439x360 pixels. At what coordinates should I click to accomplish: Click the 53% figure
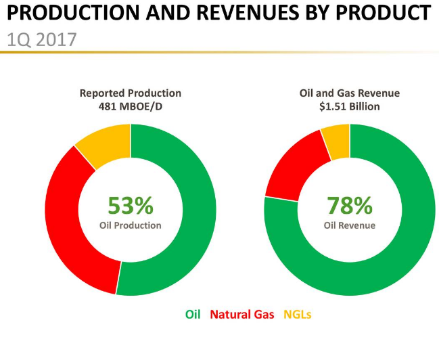point(131,204)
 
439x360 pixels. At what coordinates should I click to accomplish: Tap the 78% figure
point(350,204)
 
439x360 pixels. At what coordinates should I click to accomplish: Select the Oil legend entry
point(194,314)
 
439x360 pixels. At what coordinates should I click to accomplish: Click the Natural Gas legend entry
point(242,314)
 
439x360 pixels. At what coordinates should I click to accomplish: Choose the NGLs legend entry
point(297,314)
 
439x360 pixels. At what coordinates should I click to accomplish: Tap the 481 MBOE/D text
point(131,106)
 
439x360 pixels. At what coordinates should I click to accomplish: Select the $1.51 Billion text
point(350,106)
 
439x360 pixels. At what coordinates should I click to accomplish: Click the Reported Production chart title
point(131,93)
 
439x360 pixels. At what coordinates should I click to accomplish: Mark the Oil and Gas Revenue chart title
point(350,93)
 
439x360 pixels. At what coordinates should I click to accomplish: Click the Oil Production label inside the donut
point(131,225)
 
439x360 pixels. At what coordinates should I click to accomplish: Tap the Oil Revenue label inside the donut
point(350,225)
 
